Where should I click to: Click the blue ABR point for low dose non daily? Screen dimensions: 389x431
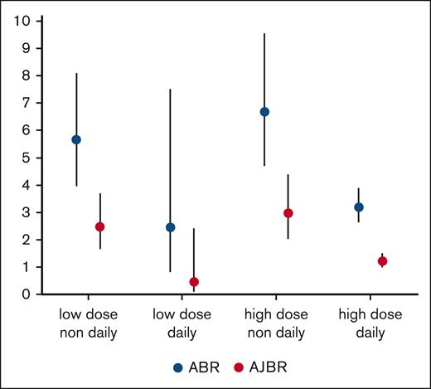(x=76, y=139)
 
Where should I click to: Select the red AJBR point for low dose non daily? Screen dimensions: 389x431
(x=100, y=226)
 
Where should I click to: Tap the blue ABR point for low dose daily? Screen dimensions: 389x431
(x=171, y=227)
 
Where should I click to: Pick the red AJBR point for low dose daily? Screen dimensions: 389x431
(x=194, y=282)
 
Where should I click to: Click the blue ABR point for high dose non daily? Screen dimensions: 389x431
(x=264, y=112)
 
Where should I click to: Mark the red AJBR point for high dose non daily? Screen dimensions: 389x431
(x=288, y=213)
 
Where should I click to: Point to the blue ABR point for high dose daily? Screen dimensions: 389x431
(x=359, y=207)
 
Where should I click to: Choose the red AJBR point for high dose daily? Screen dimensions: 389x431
(x=383, y=261)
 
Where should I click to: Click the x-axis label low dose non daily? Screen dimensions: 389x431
(x=88, y=326)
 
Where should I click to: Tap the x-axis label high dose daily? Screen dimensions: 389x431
(x=371, y=326)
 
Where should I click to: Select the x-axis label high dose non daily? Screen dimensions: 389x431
(x=277, y=326)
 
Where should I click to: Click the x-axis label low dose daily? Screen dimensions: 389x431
(x=182, y=326)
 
